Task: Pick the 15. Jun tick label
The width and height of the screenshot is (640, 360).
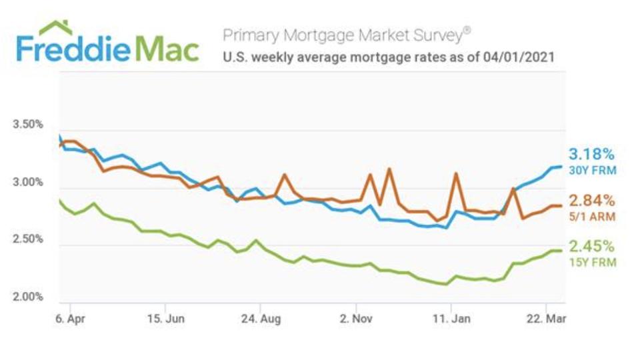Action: (x=165, y=319)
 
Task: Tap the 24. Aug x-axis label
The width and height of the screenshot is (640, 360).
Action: (x=261, y=319)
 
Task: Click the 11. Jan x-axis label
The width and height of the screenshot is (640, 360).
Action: (x=451, y=319)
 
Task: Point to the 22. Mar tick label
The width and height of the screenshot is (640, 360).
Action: (x=547, y=319)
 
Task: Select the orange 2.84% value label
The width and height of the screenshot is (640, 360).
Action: (x=591, y=201)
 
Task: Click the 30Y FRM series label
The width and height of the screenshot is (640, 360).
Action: (x=592, y=171)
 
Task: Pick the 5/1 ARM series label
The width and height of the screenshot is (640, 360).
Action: (x=592, y=217)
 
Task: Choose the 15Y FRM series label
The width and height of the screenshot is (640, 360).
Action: (x=592, y=263)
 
